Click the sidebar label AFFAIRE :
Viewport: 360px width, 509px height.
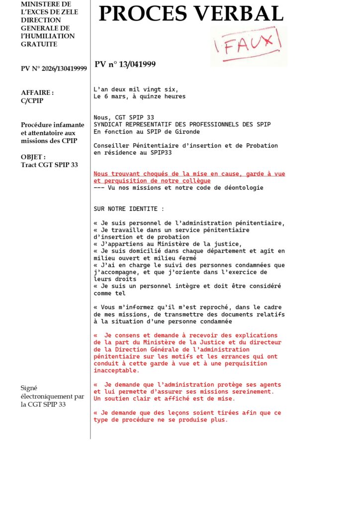point(37,92)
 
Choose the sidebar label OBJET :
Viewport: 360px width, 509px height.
point(33,157)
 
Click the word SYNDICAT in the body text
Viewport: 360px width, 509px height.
point(110,124)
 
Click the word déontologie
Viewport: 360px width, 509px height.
point(243,188)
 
